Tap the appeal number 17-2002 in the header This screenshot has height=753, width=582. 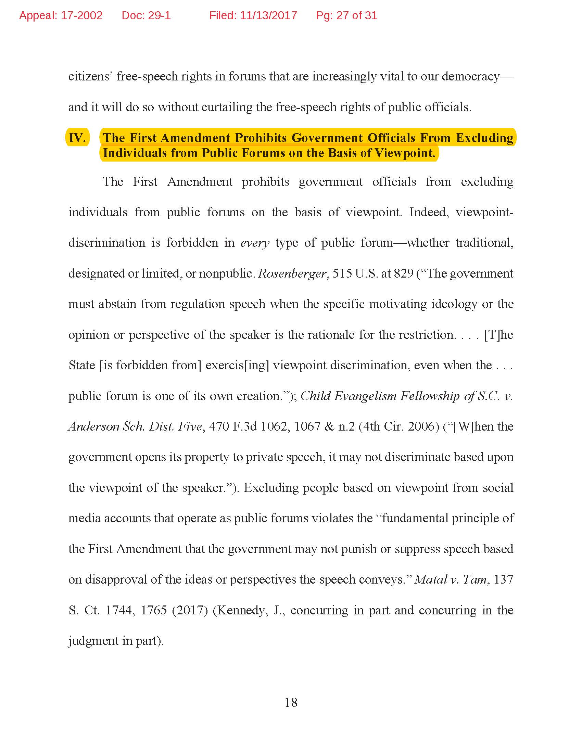tap(81, 15)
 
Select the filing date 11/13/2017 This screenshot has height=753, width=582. tap(268, 15)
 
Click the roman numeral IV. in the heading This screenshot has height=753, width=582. tap(77, 138)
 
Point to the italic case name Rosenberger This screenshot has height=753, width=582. tap(292, 273)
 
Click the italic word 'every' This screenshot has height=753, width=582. tap(254, 243)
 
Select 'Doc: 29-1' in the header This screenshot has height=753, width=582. tap(146, 15)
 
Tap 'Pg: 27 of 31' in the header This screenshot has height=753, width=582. tap(346, 15)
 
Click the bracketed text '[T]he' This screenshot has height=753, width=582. tap(498, 335)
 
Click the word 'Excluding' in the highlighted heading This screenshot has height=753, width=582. tap(484, 138)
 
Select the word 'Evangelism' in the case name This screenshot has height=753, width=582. tap(365, 396)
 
